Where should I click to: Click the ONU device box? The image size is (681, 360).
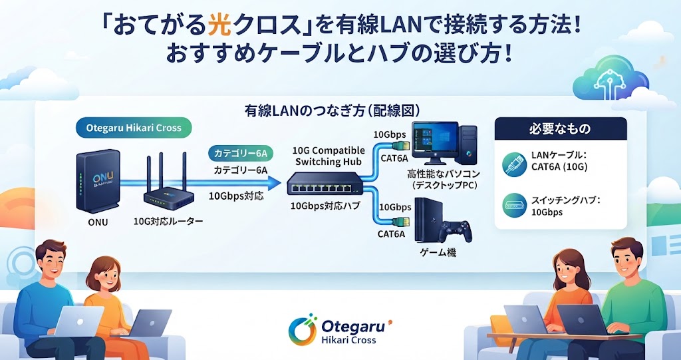tap(97, 181)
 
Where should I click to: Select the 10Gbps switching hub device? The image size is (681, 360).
tap(324, 184)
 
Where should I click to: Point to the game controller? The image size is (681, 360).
tap(454, 231)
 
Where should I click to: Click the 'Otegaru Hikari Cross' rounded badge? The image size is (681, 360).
tap(133, 128)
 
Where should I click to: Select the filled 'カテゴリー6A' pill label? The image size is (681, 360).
tap(240, 153)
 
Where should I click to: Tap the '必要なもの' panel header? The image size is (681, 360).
tap(560, 128)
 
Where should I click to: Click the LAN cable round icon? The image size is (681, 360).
tap(515, 164)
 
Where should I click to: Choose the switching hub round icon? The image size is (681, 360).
tap(515, 205)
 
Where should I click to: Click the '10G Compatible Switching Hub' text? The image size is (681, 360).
tap(329, 156)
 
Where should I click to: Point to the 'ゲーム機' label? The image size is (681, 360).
tap(439, 252)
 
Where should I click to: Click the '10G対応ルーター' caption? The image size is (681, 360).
tap(168, 222)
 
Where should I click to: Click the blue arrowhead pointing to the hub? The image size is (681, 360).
tap(273, 183)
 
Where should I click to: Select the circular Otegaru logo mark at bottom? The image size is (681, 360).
tap(303, 329)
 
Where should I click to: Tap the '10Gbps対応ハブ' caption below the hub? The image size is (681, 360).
tap(325, 206)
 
